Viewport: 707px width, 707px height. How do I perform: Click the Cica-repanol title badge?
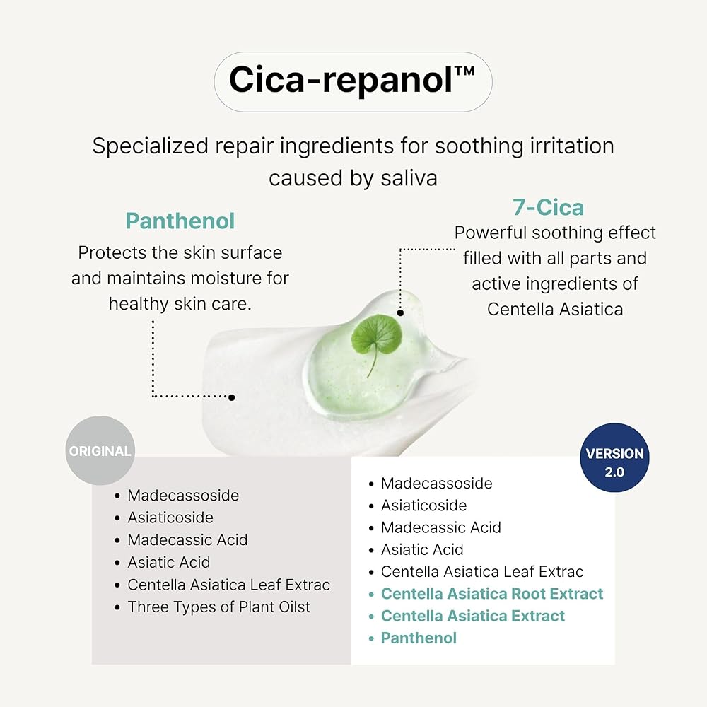pyautogui.click(x=353, y=81)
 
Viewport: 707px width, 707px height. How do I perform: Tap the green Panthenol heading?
pyautogui.click(x=180, y=221)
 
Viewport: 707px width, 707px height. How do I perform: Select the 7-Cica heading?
pyautogui.click(x=549, y=208)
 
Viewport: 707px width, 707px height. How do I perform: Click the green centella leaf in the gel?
pyautogui.click(x=377, y=341)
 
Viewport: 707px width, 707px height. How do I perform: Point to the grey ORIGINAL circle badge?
pyautogui.click(x=100, y=450)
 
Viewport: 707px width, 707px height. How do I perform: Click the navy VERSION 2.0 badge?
pyautogui.click(x=614, y=457)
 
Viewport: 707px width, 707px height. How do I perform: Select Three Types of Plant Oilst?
pyautogui.click(x=219, y=607)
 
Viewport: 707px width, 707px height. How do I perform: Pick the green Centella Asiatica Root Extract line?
pyautogui.click(x=492, y=594)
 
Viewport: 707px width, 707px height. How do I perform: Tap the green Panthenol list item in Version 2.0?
pyautogui.click(x=419, y=638)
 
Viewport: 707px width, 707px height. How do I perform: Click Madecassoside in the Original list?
pyautogui.click(x=183, y=496)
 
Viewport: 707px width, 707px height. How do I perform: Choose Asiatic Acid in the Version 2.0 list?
pyautogui.click(x=422, y=549)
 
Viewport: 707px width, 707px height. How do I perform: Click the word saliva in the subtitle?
pyautogui.click(x=409, y=178)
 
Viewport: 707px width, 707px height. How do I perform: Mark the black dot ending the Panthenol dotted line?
pyautogui.click(x=231, y=397)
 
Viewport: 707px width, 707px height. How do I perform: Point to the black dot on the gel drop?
pyautogui.click(x=400, y=312)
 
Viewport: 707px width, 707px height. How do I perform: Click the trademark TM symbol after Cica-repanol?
pyautogui.click(x=465, y=71)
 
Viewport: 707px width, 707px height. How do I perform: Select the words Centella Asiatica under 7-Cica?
pyautogui.click(x=555, y=310)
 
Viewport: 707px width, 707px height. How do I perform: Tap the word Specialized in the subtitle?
pyautogui.click(x=151, y=146)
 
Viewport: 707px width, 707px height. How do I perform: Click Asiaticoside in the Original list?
pyautogui.click(x=170, y=518)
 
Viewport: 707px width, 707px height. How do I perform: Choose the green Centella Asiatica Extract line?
pyautogui.click(x=473, y=616)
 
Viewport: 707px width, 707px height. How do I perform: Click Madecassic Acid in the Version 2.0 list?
pyautogui.click(x=441, y=527)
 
